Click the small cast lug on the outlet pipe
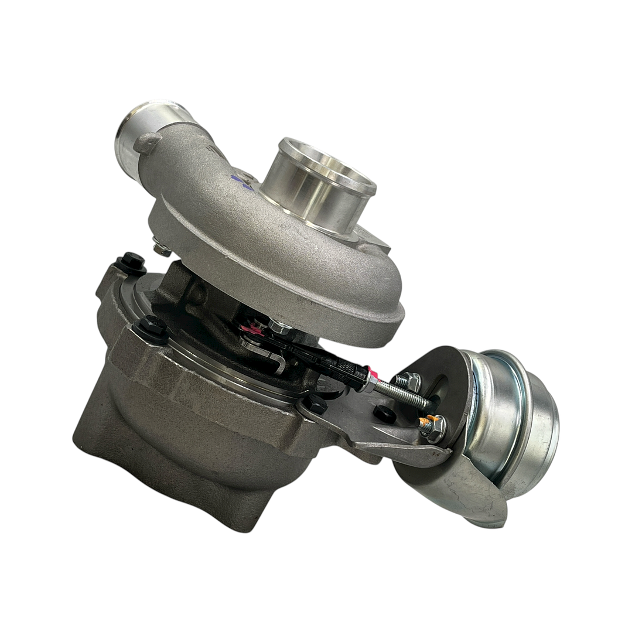[147, 142]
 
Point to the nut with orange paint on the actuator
[432, 427]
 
